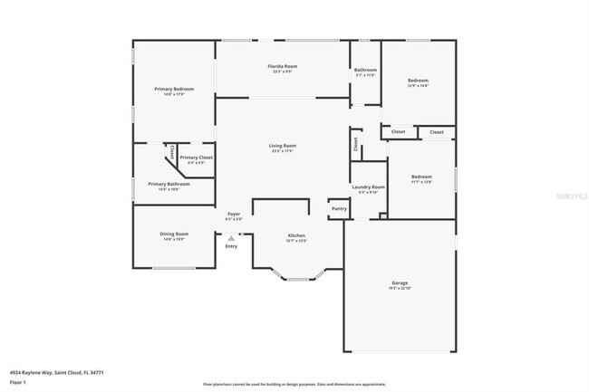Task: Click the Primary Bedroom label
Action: coord(174,89)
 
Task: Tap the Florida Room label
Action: coord(283,67)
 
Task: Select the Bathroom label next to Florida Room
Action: coord(365,70)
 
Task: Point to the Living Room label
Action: coord(283,146)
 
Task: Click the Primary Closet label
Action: coord(196,158)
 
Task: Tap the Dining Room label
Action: coord(175,234)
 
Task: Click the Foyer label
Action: coord(234,214)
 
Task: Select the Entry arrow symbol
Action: coord(231,237)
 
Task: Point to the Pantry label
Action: coord(339,209)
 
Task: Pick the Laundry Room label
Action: coord(368,186)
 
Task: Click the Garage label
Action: coord(400,282)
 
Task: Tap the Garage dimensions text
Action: coord(400,288)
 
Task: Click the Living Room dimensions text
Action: coord(283,151)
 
